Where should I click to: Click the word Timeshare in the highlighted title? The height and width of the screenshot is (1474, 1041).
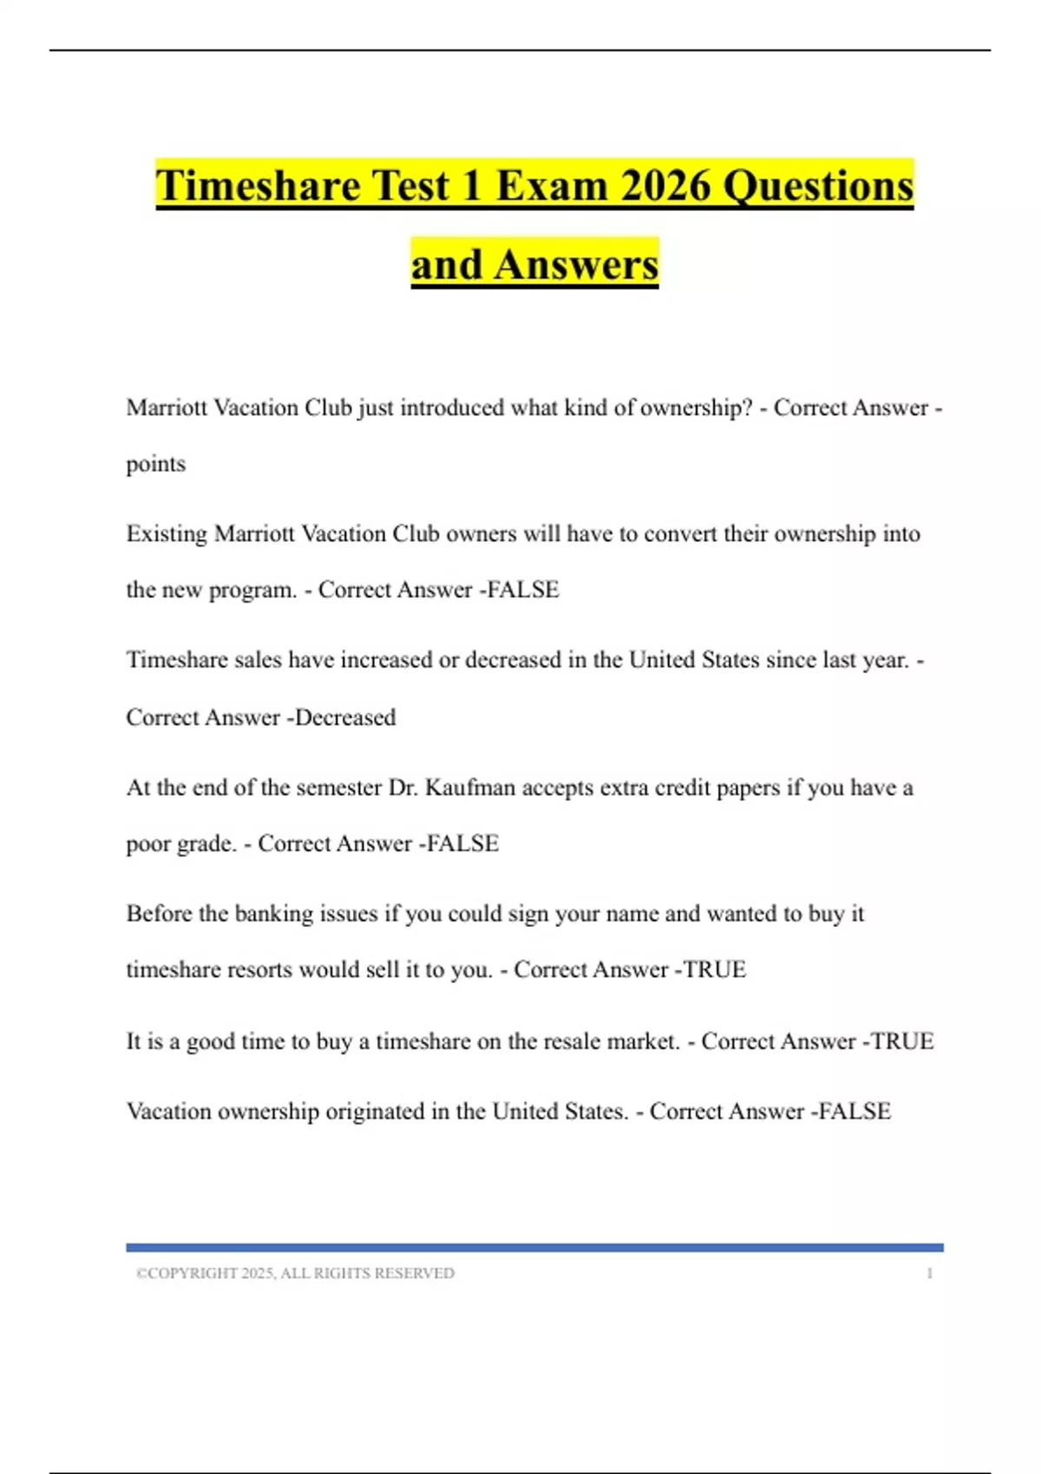click(258, 186)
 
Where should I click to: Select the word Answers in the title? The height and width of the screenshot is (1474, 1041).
click(576, 264)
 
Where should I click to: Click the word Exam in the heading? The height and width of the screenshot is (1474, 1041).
click(551, 186)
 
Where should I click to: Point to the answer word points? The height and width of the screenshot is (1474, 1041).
click(156, 464)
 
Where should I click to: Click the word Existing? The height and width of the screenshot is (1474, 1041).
click(167, 533)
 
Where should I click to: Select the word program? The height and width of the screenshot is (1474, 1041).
click(258, 590)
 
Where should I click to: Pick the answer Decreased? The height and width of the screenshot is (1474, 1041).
click(345, 717)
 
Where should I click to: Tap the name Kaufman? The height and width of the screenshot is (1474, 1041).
click(470, 787)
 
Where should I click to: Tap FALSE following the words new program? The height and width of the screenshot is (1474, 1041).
click(523, 590)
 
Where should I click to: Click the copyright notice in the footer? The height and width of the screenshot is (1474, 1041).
click(295, 1273)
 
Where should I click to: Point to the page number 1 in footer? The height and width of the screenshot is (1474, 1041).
click(929, 1273)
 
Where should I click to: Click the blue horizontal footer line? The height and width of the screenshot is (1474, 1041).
click(534, 1248)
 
